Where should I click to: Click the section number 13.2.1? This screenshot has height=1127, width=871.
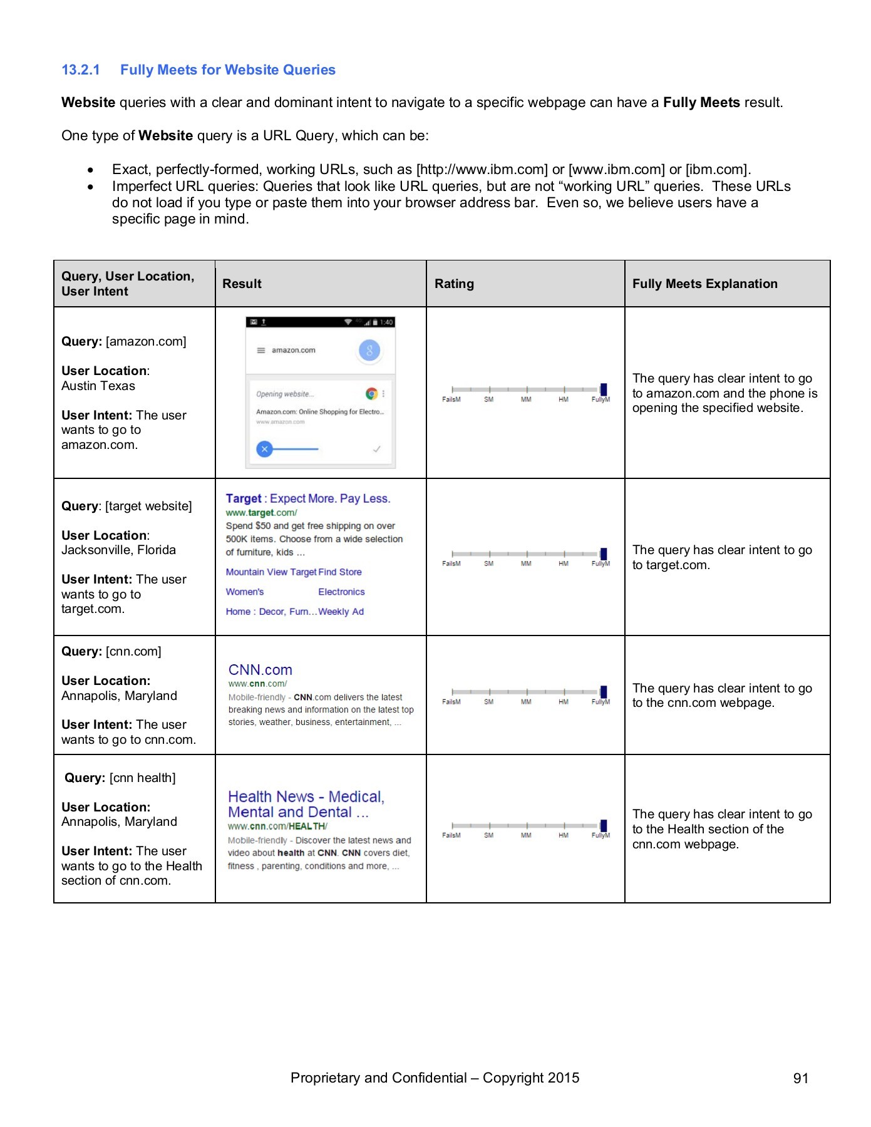80,70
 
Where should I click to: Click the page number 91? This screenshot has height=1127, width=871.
800,1078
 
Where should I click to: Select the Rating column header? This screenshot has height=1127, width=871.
454,284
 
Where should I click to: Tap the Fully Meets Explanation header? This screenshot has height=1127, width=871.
704,284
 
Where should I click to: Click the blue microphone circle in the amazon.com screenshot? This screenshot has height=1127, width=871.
369,351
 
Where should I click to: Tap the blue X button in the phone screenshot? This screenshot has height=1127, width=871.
265,448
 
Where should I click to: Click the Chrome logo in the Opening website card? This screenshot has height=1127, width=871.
371,394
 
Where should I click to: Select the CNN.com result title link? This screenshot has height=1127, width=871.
260,669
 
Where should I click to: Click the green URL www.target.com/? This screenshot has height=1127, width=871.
261,512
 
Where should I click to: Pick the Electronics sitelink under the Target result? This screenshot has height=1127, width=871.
341,592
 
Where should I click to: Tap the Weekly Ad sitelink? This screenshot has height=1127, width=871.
341,612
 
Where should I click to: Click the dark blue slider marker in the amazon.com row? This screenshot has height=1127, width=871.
603,389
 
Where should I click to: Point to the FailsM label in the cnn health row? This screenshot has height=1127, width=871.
451,835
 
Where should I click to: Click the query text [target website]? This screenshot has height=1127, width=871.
148,506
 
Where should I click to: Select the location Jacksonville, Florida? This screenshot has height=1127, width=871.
118,550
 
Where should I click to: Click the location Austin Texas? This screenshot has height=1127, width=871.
98,386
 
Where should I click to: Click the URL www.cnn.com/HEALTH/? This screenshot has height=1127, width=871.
277,826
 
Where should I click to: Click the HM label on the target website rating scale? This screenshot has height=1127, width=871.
564,563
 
